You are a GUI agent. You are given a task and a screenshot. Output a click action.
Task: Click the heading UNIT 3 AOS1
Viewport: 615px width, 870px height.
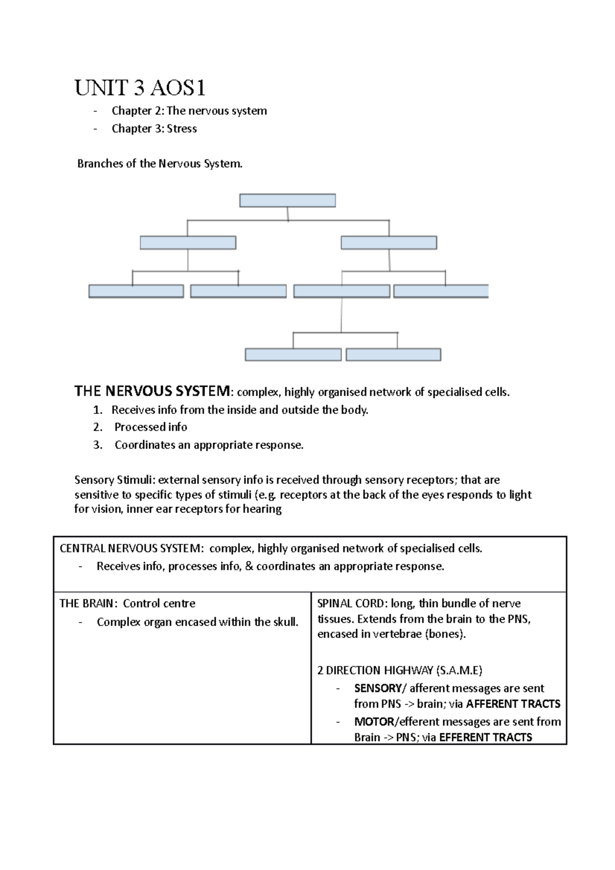(140, 88)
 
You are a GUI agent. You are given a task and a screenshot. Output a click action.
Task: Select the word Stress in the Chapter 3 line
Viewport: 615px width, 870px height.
(181, 129)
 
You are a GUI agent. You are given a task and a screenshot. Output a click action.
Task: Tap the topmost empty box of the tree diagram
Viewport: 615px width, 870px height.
(288, 200)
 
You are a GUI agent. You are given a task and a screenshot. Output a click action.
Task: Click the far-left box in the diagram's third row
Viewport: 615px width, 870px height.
(136, 292)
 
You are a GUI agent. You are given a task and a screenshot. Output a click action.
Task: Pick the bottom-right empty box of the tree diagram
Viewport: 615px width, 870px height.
(393, 355)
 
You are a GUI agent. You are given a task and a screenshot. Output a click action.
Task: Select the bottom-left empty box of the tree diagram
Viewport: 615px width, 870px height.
(293, 355)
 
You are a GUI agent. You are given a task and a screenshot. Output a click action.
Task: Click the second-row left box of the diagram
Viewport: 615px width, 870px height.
(188, 242)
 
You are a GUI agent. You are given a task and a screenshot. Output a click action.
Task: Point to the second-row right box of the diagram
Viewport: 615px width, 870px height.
(389, 242)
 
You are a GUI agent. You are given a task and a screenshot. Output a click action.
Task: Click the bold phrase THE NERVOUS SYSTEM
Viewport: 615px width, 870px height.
(153, 391)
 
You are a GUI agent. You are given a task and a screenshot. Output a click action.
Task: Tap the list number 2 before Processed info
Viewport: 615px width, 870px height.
(97, 427)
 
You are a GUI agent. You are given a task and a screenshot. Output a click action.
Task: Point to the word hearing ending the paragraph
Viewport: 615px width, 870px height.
(262, 509)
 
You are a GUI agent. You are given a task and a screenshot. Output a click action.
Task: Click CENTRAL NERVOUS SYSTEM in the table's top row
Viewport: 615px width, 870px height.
(131, 549)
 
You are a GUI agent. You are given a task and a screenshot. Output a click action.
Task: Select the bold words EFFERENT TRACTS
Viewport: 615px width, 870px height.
(485, 737)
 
